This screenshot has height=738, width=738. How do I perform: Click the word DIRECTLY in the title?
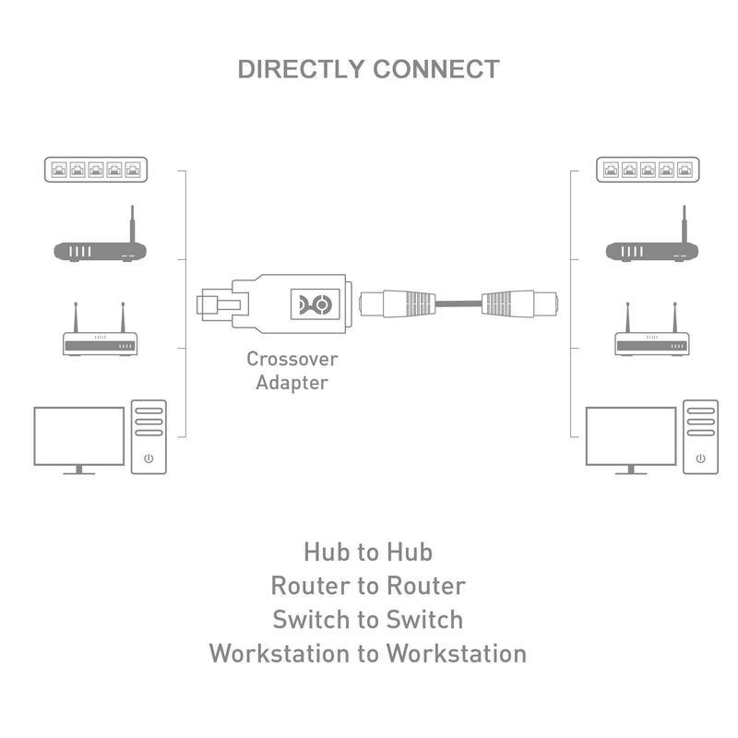[x=301, y=69]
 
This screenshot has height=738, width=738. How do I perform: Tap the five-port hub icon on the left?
[x=96, y=169]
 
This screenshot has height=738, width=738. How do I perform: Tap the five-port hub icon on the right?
[x=648, y=169]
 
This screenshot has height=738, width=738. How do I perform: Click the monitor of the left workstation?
[x=78, y=437]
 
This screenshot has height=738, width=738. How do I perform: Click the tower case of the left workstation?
[x=149, y=436]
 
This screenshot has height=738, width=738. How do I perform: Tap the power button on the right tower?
[x=700, y=458]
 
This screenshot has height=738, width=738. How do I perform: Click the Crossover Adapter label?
[x=292, y=371]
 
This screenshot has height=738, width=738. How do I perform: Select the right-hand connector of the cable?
[x=520, y=303]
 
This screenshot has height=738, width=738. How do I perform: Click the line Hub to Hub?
[x=368, y=552]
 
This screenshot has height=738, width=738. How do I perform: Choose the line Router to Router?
[x=368, y=586]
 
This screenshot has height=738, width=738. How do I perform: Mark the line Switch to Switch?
[x=368, y=619]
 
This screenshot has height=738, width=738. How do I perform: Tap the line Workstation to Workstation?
[x=368, y=653]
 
